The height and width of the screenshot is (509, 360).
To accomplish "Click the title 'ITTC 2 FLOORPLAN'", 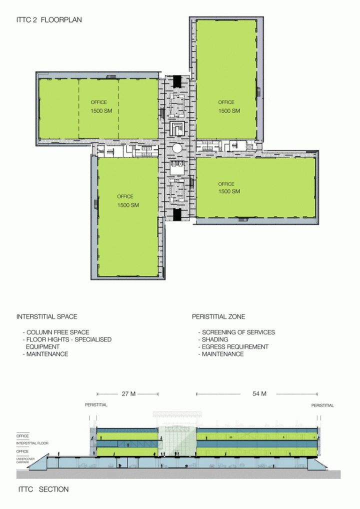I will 48,20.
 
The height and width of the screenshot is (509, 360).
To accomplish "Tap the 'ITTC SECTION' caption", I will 42,489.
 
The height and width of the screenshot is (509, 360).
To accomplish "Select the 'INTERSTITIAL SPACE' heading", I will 46,317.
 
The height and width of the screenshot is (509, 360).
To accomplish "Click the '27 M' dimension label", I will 128,393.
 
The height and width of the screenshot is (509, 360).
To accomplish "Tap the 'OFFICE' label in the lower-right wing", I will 226,184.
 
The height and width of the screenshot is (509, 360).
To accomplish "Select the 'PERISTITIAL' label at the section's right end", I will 322,405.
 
